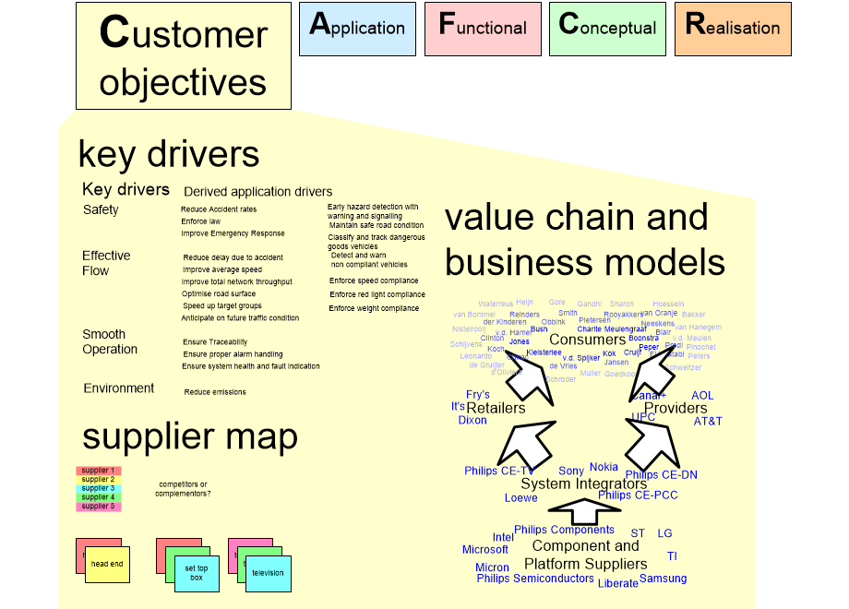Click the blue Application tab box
[x=357, y=28]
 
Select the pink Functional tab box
[x=482, y=28]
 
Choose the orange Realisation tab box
[x=733, y=28]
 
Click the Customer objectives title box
[x=183, y=56]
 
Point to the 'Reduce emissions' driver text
[x=215, y=392]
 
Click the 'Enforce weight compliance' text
[x=374, y=308]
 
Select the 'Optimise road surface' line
[x=219, y=293]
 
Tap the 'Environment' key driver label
[x=119, y=388]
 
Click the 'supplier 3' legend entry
[x=99, y=488]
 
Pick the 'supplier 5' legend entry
[x=99, y=507]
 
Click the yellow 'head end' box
[x=108, y=564]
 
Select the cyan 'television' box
[x=269, y=574]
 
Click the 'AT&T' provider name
[x=708, y=422]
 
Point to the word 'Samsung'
[x=663, y=579]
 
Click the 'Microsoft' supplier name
[x=485, y=550]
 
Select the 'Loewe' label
[x=520, y=498]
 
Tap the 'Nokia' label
[x=604, y=468]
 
